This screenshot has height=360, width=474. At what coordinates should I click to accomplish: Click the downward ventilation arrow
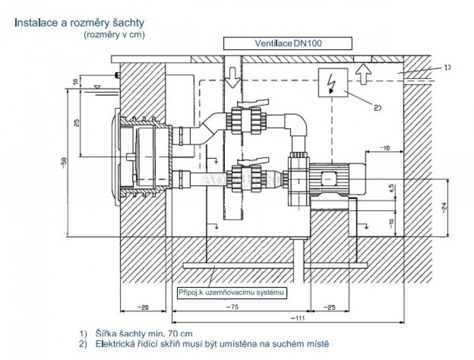tap(231, 80)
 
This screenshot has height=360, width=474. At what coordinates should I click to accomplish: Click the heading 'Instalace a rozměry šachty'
tap(79, 23)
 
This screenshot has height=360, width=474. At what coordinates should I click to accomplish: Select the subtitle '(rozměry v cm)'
tap(114, 35)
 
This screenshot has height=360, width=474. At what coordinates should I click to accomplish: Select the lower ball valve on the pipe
tap(242, 176)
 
